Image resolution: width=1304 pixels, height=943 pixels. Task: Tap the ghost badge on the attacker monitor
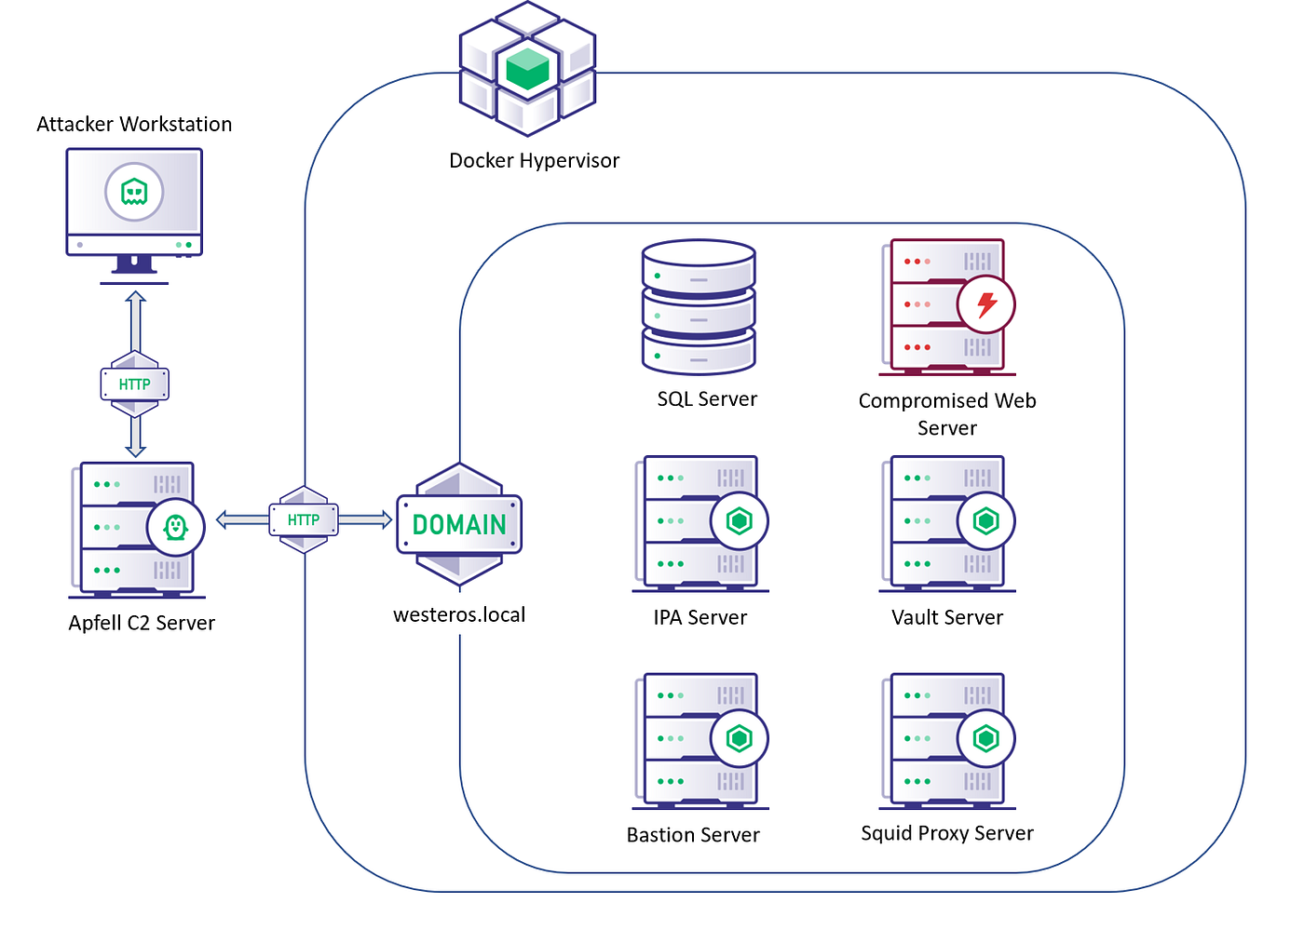(x=134, y=192)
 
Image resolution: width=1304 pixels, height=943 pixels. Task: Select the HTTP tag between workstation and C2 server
(x=134, y=384)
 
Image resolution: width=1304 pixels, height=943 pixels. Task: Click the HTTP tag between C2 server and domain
(x=304, y=519)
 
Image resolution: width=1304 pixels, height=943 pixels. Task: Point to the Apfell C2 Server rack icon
(x=136, y=528)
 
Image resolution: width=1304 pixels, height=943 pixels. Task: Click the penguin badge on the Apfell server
(x=176, y=527)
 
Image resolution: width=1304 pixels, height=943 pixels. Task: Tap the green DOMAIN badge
(x=459, y=524)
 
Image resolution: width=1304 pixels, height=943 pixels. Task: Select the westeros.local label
(x=459, y=615)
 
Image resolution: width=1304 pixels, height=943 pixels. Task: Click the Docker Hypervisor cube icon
(x=527, y=68)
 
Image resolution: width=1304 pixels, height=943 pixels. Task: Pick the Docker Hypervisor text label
(x=534, y=160)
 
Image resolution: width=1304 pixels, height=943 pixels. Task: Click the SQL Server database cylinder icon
(x=699, y=307)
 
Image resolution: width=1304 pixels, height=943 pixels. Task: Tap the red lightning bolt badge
(x=986, y=303)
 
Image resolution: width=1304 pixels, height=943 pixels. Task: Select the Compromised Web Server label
(x=947, y=414)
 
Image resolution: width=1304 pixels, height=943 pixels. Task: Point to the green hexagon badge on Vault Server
(x=986, y=520)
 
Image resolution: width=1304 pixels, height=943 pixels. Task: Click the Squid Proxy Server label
(x=947, y=833)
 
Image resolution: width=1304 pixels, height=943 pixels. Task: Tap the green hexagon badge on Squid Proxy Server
(x=986, y=738)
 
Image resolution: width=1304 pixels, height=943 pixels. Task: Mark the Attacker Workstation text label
(x=134, y=124)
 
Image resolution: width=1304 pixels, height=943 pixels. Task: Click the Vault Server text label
(x=947, y=617)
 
